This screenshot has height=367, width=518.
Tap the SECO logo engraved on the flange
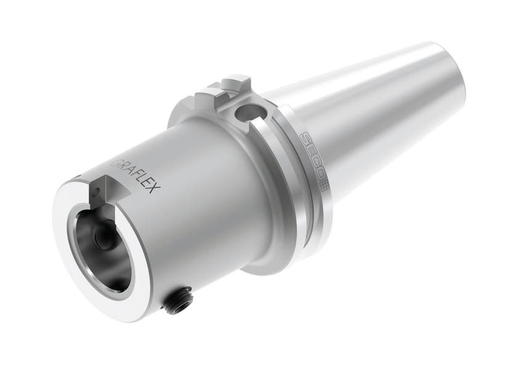313,160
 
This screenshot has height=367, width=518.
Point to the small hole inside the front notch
96,192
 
